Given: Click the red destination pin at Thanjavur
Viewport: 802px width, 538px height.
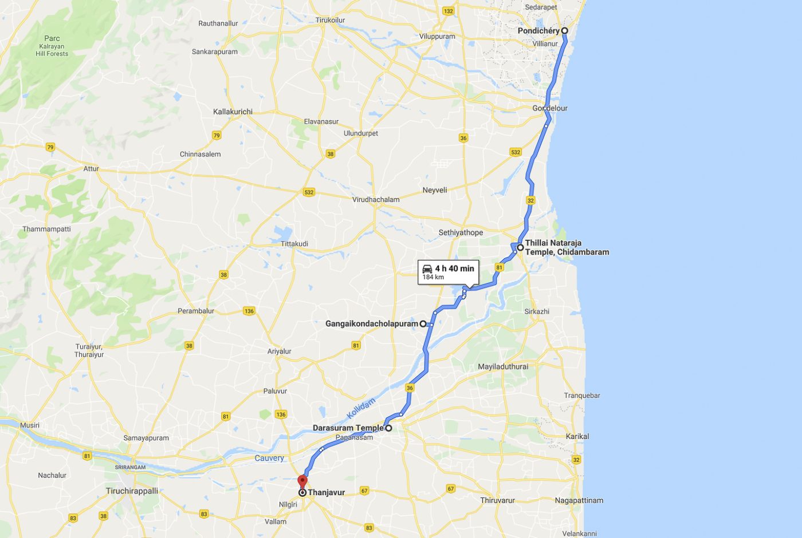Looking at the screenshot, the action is (302, 481).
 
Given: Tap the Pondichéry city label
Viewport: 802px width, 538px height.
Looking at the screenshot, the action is (538, 31).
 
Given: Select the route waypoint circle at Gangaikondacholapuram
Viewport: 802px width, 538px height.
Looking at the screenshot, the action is (423, 324).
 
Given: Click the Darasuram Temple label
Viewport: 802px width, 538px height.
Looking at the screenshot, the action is (348, 428).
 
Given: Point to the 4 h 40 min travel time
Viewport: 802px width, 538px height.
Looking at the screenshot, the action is (454, 268).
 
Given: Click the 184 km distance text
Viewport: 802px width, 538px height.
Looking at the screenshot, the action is (433, 278).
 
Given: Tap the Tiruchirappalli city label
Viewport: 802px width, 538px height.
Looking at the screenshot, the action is (132, 491).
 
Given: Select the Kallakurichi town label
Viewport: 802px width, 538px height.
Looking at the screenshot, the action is (233, 112).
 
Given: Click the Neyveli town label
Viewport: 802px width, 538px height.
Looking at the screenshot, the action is (434, 190).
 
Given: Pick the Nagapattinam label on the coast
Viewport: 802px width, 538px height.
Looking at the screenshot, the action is (579, 500).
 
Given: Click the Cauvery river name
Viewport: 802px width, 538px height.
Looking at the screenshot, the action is (269, 458).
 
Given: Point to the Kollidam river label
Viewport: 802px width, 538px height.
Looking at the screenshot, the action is (361, 408).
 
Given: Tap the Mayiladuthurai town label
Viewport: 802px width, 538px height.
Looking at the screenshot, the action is (503, 366).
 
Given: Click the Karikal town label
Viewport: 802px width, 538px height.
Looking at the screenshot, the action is (577, 436).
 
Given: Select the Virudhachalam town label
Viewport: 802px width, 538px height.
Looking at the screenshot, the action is (376, 200).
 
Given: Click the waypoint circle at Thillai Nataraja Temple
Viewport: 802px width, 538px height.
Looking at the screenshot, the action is (520, 248).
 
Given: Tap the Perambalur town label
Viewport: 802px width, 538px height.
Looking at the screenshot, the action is (196, 311).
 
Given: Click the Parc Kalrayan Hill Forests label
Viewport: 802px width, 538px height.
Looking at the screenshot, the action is (52, 46).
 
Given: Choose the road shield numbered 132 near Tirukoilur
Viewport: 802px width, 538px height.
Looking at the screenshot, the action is (448, 11).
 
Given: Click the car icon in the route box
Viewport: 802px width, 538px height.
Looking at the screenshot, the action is (427, 268).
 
